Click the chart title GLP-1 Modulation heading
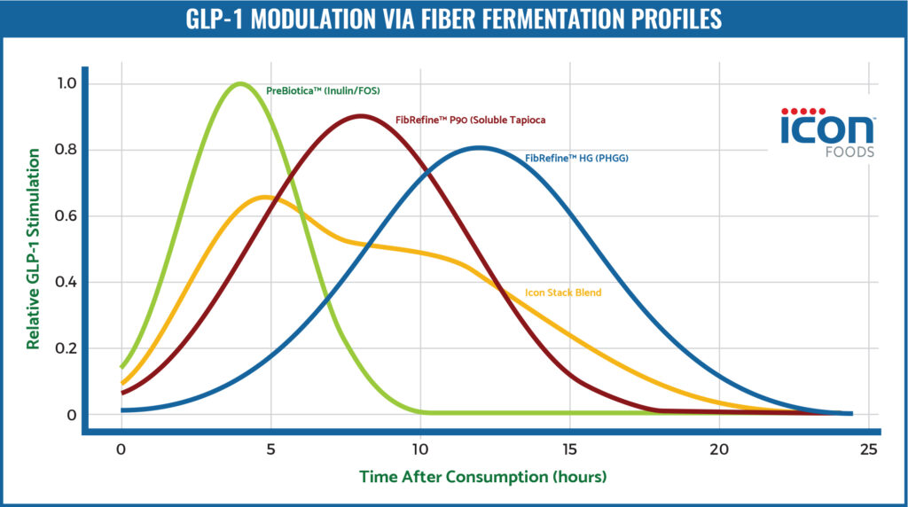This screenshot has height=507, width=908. tap(453, 19)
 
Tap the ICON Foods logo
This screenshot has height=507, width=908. tap(826, 131)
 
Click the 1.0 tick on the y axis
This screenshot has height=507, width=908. tap(54, 83)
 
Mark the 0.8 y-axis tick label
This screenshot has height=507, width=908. tap(54, 150)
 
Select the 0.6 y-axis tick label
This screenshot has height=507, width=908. tap(54, 216)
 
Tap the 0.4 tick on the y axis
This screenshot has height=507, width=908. tap(54, 283)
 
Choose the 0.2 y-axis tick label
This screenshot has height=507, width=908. tap(54, 348)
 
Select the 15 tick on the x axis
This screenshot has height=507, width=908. tap(570, 449)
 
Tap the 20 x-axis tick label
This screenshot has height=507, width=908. tap(720, 449)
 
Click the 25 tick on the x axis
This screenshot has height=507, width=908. tap(869, 449)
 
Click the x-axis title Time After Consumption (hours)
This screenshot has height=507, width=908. tap(482, 477)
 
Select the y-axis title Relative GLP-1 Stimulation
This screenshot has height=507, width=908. tap(33, 249)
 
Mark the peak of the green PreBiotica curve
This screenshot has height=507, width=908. tap(240, 83)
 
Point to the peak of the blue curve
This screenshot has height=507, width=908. tap(480, 147)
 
